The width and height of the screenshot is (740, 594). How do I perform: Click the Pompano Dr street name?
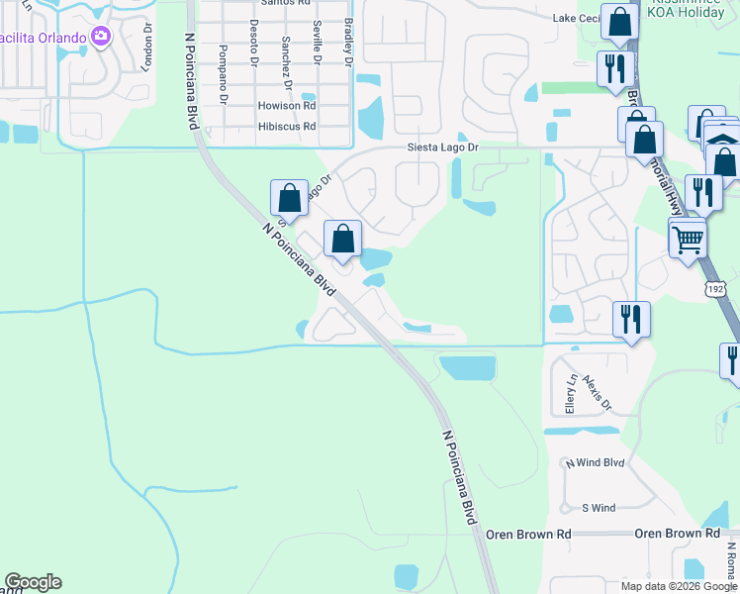pos(225,74)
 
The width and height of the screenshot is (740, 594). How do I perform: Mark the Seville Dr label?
pos(318,42)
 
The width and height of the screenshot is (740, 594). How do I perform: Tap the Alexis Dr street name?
pos(598,391)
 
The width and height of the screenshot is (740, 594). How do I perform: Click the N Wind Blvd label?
pos(595,462)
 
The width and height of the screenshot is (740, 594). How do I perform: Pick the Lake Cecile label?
pos(577,18)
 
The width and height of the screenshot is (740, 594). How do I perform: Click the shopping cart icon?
pos(688,238)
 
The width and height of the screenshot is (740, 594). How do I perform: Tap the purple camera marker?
pos(101,37)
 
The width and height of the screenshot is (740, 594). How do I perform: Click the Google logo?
pos(33,582)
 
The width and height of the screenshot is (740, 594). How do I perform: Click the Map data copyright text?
pos(679,586)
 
